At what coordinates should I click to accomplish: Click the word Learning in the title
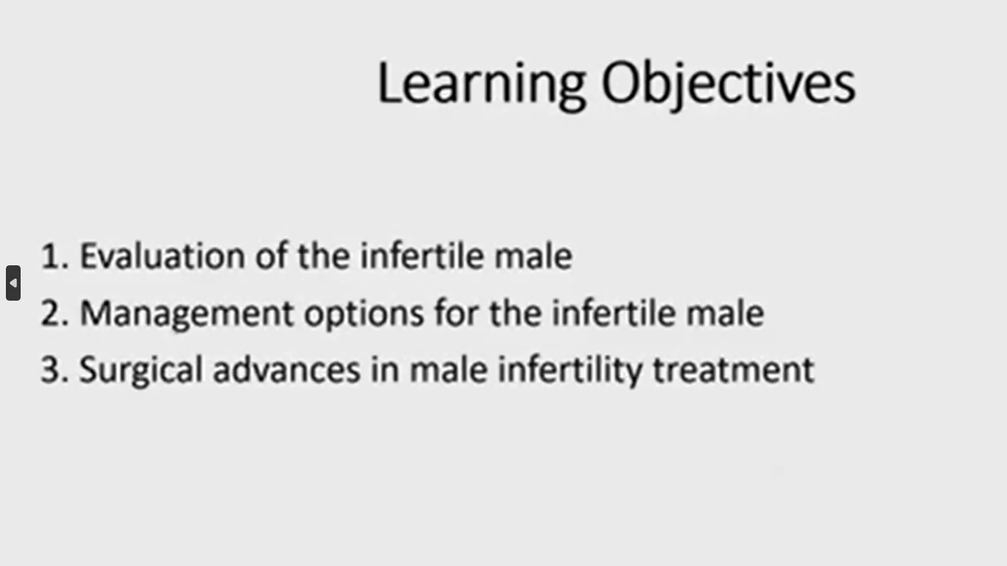click(482, 85)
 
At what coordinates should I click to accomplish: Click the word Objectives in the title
click(728, 85)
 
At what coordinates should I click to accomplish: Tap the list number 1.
click(55, 256)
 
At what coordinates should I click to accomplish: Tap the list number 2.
click(55, 313)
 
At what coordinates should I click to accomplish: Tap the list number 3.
click(55, 369)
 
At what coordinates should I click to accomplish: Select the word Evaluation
click(162, 256)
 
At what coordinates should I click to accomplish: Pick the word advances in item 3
click(287, 369)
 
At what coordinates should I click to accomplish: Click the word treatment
click(734, 369)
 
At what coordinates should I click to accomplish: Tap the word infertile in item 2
click(613, 313)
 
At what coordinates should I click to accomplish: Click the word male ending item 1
click(534, 256)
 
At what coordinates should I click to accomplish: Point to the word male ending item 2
click(725, 313)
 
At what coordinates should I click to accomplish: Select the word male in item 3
click(449, 369)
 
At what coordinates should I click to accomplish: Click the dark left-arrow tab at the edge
click(13, 283)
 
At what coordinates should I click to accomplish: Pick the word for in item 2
click(456, 313)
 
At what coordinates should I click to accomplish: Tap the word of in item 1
click(271, 256)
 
